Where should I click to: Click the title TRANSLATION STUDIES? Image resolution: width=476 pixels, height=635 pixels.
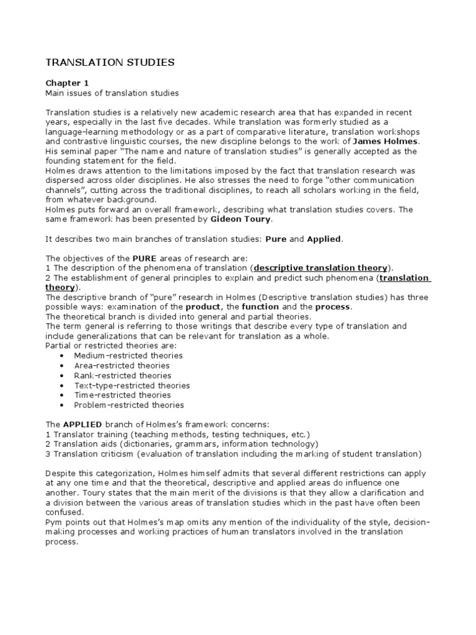(x=110, y=62)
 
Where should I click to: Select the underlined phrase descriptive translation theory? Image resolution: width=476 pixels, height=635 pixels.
(x=320, y=268)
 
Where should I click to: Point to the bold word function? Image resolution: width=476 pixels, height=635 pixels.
(x=260, y=307)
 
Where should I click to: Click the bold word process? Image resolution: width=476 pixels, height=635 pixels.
(x=333, y=307)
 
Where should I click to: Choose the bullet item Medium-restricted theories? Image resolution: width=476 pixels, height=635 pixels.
(x=128, y=355)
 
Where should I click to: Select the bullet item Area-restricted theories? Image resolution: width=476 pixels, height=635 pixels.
(x=123, y=365)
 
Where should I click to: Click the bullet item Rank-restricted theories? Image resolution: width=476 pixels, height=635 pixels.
(x=123, y=375)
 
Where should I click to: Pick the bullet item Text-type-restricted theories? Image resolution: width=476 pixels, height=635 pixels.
(x=131, y=385)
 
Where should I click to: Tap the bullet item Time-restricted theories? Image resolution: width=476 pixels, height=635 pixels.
(x=122, y=395)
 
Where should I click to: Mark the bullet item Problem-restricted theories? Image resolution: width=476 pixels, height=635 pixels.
(x=129, y=405)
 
